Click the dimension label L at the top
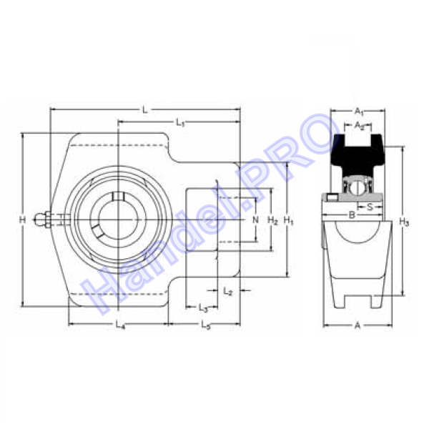(x=144, y=110)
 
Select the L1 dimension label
(x=180, y=122)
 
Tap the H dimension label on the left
(x=22, y=220)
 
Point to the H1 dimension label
(x=288, y=220)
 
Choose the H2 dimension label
(x=272, y=220)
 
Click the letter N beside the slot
(x=255, y=220)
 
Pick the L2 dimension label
(x=227, y=291)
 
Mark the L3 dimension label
(x=203, y=308)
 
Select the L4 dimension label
(x=120, y=325)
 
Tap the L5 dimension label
(x=206, y=325)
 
